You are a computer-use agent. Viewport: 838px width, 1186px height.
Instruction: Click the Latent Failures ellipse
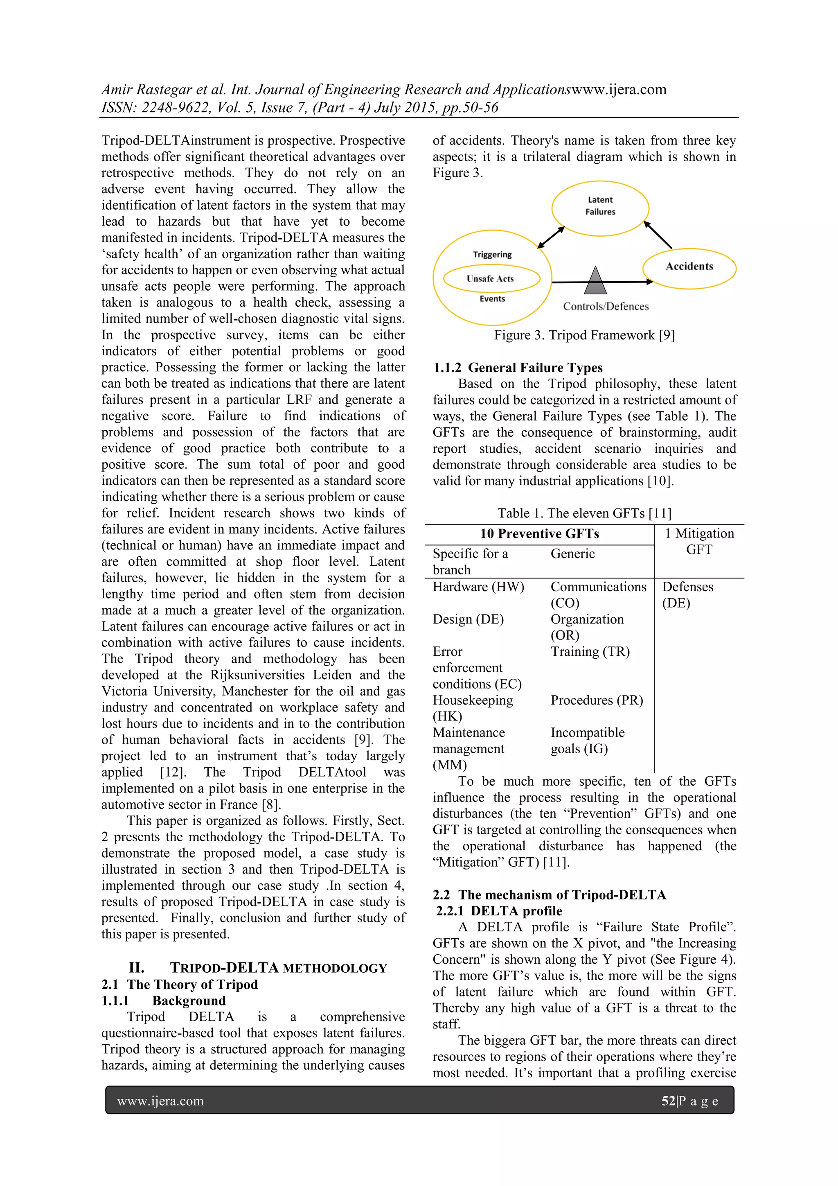pyautogui.click(x=600, y=208)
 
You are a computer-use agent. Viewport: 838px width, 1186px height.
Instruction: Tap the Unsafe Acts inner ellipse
pyautogui.click(x=491, y=279)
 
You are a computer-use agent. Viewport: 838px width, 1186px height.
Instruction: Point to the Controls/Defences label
pyautogui.click(x=606, y=306)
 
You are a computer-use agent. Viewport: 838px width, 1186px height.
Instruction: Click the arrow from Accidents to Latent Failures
pyautogui.click(x=658, y=235)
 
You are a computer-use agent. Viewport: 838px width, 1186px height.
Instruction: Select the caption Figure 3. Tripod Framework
pyautogui.click(x=584, y=335)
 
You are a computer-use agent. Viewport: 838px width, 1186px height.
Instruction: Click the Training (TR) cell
pyautogui.click(x=590, y=651)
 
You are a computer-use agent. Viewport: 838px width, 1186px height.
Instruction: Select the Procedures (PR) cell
pyautogui.click(x=596, y=700)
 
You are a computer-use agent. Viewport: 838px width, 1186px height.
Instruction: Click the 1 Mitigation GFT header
pyautogui.click(x=699, y=541)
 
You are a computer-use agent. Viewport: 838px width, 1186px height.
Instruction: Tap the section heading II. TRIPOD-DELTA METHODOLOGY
pyautogui.click(x=258, y=968)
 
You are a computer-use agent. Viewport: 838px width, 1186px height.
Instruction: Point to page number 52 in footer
pyautogui.click(x=668, y=1101)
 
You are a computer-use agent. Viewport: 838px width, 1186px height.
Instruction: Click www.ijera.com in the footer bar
pyautogui.click(x=160, y=1101)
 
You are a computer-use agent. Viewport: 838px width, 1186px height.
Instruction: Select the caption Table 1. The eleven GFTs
pyautogui.click(x=584, y=513)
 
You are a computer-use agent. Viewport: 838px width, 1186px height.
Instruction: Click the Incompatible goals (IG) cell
pyautogui.click(x=587, y=740)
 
